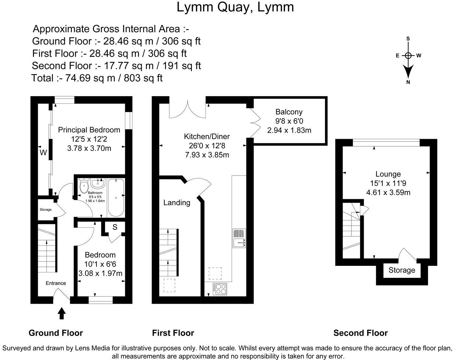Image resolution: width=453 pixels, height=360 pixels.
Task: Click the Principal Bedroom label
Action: [x=89, y=130]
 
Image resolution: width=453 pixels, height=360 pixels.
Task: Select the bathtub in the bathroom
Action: [x=116, y=197]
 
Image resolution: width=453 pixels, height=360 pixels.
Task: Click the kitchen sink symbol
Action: [x=239, y=238]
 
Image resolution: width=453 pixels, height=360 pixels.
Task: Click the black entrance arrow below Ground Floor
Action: [x=62, y=313]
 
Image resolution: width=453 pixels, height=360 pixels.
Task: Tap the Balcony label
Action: [x=289, y=112]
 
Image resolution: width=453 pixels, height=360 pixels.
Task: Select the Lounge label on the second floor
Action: [x=388, y=174]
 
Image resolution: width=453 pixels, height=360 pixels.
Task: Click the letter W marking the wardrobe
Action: [x=43, y=153]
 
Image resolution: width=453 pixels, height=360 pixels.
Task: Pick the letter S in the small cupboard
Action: [x=115, y=227]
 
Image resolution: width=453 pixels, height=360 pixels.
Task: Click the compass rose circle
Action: [x=408, y=55]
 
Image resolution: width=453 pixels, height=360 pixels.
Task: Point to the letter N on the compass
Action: [x=408, y=82]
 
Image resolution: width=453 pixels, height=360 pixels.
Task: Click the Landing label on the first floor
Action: [x=176, y=203]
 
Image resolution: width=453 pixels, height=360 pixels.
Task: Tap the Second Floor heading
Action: [x=360, y=333]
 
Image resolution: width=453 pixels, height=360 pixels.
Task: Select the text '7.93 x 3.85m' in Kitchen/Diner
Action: [x=207, y=155]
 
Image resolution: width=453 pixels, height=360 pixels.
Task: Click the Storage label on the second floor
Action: [x=402, y=270]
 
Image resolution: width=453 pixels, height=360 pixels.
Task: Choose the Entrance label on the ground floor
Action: [x=56, y=283]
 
